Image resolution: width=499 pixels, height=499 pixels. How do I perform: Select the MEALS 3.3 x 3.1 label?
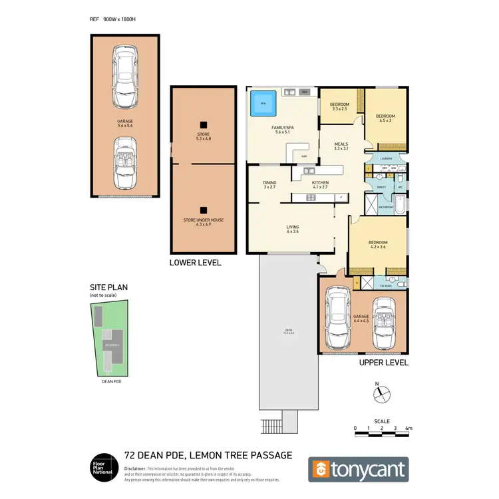point(341,146)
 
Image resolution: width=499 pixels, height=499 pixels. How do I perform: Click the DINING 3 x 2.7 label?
point(269,184)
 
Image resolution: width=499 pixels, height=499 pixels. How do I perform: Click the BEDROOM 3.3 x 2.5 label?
point(339,106)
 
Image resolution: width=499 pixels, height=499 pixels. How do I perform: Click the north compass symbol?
point(377,393)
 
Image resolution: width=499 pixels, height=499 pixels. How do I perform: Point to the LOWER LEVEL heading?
point(196,263)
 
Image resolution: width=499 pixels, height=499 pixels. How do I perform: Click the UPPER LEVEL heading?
point(383,363)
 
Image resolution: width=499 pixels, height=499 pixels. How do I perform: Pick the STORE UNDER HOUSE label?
point(203,222)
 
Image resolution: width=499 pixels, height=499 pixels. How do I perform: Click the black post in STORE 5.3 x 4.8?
point(204,123)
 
